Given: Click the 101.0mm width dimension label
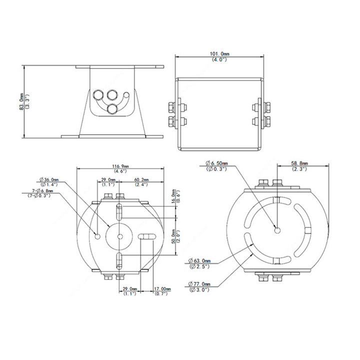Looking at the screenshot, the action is [219, 54].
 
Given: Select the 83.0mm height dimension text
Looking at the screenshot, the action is [21, 101].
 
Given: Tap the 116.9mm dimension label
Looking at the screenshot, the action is [120, 166].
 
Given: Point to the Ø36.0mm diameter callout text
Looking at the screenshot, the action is [49, 179].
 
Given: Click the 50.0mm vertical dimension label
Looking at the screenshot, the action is [174, 236].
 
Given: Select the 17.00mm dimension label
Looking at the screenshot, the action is [162, 289].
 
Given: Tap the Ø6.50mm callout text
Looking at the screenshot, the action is [216, 163].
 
